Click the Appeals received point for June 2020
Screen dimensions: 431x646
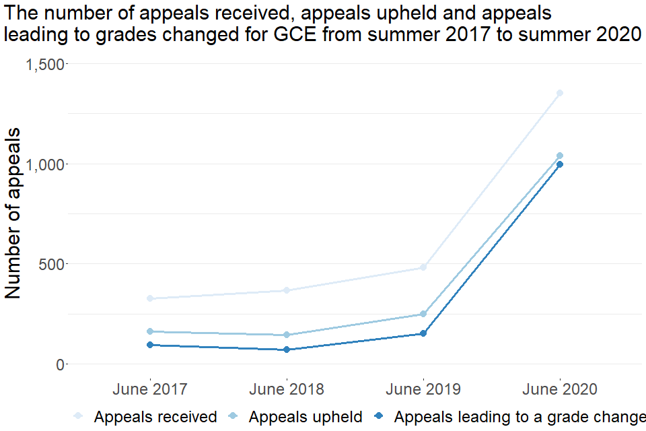(559, 93)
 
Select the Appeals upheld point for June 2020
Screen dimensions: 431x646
(559, 156)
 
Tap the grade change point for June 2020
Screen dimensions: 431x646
(559, 164)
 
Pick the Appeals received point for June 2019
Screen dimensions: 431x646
(423, 267)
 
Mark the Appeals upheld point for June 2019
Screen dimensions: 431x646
(423, 314)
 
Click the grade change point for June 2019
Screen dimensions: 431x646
(423, 333)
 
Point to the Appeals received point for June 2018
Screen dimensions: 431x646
(287, 290)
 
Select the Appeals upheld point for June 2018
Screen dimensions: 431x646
(287, 335)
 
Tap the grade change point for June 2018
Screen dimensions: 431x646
(287, 350)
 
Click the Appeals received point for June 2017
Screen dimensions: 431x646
(150, 298)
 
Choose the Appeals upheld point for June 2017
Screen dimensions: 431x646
(150, 331)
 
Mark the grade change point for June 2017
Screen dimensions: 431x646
(150, 345)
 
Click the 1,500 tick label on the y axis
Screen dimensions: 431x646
(45, 64)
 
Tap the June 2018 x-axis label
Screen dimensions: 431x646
(287, 389)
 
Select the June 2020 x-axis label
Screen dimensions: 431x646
(559, 389)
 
